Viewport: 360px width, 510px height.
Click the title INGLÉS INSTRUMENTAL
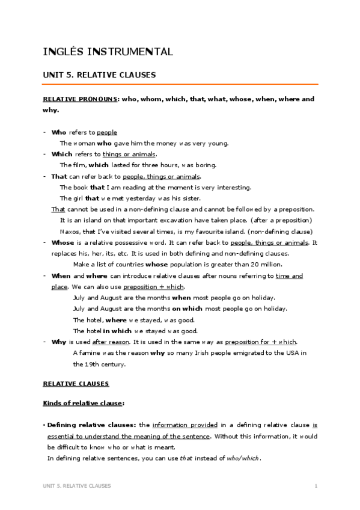coord(108,52)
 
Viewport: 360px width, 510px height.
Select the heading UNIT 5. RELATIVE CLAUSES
coord(99,75)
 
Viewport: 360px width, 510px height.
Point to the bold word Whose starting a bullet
coord(63,242)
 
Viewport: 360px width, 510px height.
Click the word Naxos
coord(69,232)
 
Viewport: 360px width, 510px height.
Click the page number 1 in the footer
coord(316,485)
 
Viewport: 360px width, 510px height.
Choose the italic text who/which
coord(243,458)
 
